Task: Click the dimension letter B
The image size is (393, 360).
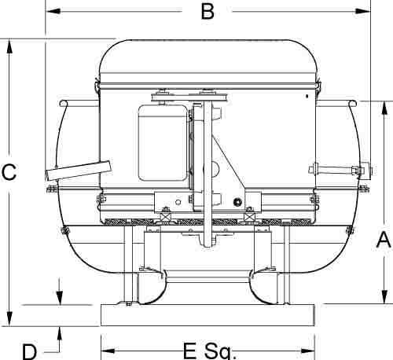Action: pyautogui.click(x=208, y=12)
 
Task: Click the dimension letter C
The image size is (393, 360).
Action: pyautogui.click(x=9, y=172)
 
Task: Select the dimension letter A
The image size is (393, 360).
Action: pyautogui.click(x=384, y=240)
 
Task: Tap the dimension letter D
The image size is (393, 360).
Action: pyautogui.click(x=29, y=352)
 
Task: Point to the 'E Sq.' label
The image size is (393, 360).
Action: pyautogui.click(x=210, y=351)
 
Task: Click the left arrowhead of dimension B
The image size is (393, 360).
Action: pyautogui.click(x=53, y=11)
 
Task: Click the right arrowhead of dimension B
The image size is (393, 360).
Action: pyautogui.click(x=363, y=11)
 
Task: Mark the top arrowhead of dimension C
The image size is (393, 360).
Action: pyautogui.click(x=9, y=46)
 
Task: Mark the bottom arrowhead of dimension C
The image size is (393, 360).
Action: pyautogui.click(x=9, y=318)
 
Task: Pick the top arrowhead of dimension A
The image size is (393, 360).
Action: pyautogui.click(x=384, y=108)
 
